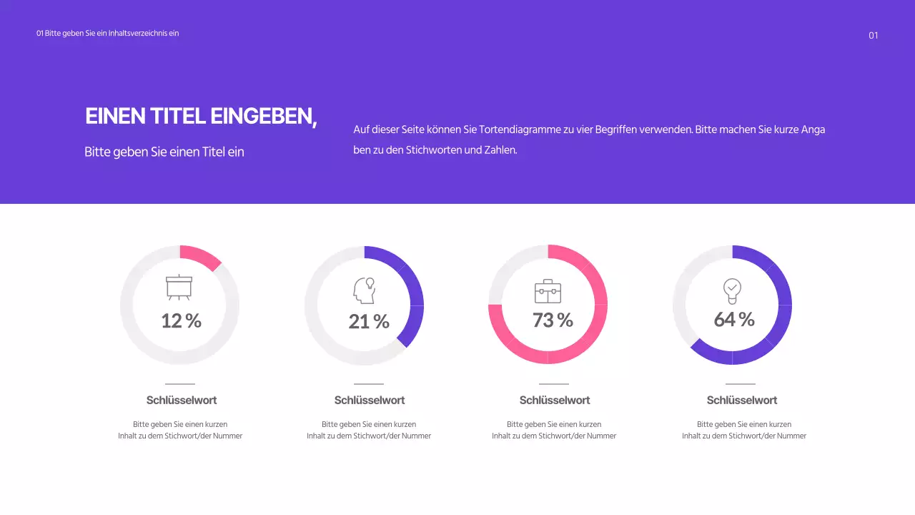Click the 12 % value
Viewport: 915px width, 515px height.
click(181, 321)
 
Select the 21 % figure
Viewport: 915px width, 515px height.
click(369, 322)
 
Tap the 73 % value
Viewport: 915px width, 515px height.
click(553, 320)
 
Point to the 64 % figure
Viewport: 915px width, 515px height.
click(734, 319)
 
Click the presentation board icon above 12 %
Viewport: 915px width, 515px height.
click(179, 288)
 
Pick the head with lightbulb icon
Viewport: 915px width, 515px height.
click(365, 290)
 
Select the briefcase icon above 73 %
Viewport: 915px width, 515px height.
click(548, 291)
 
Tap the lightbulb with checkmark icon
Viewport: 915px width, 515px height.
click(732, 290)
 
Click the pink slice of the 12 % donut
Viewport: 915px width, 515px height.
click(200, 257)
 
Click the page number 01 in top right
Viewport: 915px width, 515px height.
click(873, 36)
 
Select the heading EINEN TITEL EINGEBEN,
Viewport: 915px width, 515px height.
click(201, 117)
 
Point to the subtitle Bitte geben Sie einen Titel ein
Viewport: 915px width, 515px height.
click(164, 152)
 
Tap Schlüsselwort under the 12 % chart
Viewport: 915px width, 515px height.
click(182, 401)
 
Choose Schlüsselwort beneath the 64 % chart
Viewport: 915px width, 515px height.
click(742, 401)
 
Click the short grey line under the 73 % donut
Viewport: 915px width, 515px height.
click(554, 384)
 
